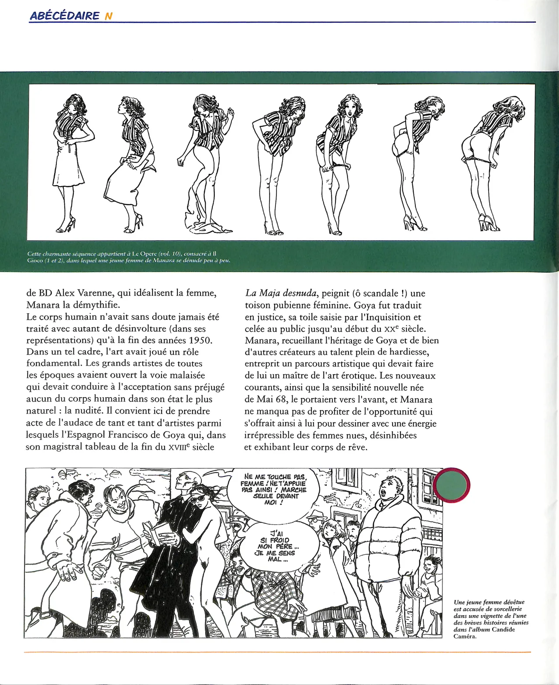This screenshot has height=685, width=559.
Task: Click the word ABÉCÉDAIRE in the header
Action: tap(65, 16)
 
